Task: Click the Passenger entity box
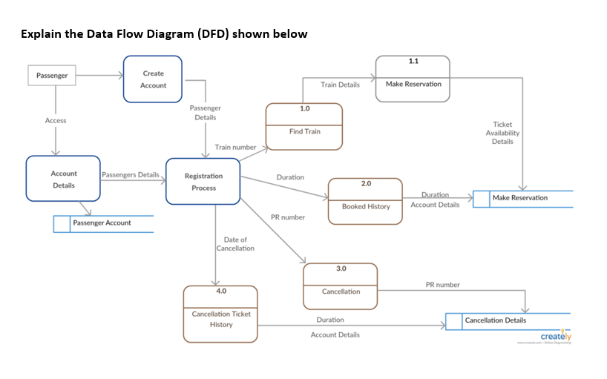point(52,76)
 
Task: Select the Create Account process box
point(153,79)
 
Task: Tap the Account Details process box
point(63,179)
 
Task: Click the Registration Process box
point(203,182)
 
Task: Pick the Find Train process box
point(304,128)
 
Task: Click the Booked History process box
point(365,202)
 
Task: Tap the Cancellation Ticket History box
point(220,314)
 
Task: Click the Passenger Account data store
point(103,223)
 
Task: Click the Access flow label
point(56,120)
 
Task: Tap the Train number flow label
point(235,148)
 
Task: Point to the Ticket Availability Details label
point(502,133)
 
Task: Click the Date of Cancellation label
point(235,244)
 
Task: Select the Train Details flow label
point(340,85)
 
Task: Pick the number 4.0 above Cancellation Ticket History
point(221,291)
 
